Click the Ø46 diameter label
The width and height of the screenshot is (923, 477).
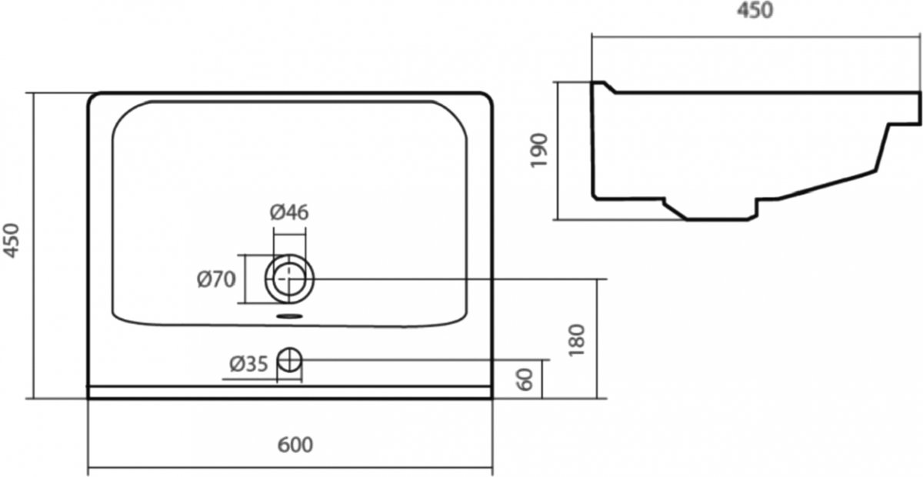[289, 212]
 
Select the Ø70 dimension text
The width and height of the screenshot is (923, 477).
[216, 279]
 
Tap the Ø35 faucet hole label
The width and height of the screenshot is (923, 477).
[248, 364]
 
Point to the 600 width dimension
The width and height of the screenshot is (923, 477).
[295, 445]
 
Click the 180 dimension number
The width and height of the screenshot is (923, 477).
[576, 340]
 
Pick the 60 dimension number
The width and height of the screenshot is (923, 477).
[525, 379]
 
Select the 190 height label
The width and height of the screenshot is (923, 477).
[539, 150]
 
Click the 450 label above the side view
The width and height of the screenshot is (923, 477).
[755, 10]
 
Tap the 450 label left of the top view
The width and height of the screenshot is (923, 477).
[11, 240]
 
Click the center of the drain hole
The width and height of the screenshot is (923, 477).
[289, 279]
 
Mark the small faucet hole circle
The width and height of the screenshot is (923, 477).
[289, 360]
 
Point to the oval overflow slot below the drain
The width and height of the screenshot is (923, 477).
[289, 317]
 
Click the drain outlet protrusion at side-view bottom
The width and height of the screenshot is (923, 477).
[716, 210]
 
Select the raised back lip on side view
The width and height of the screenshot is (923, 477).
[603, 87]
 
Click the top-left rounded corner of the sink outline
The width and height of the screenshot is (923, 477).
[95, 99]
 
